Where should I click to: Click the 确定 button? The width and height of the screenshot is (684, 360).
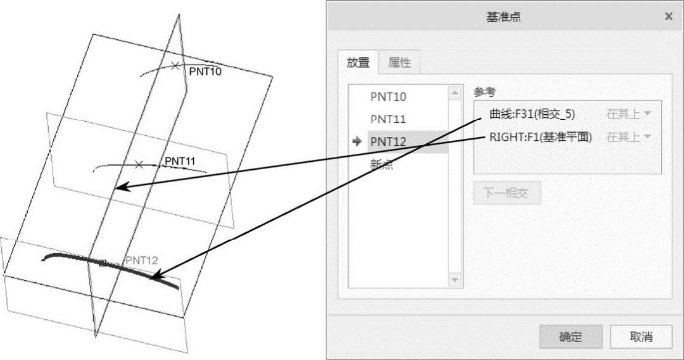570,337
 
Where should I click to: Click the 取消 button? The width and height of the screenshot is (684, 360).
641,337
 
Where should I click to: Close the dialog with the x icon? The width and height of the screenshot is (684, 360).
669,17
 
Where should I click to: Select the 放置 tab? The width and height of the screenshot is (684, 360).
357,62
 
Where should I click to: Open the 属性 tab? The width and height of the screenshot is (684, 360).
399,62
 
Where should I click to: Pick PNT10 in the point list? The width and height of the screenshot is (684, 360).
388,97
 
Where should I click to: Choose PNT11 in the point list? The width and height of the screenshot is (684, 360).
388,119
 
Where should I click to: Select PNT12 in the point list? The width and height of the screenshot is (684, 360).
388,141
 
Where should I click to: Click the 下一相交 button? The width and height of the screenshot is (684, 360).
506,193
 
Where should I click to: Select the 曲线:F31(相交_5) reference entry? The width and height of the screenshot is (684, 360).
532,114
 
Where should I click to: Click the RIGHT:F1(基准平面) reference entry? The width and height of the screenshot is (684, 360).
540,137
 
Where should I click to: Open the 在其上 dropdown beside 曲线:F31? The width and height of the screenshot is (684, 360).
629,114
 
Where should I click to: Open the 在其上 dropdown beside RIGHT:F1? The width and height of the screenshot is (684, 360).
629,137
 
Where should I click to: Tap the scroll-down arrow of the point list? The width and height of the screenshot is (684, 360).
455,280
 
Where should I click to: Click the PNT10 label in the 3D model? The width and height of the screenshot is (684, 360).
205,71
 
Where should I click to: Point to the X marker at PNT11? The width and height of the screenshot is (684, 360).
139,164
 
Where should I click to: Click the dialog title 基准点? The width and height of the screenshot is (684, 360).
504,17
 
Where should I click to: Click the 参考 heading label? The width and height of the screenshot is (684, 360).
485,92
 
